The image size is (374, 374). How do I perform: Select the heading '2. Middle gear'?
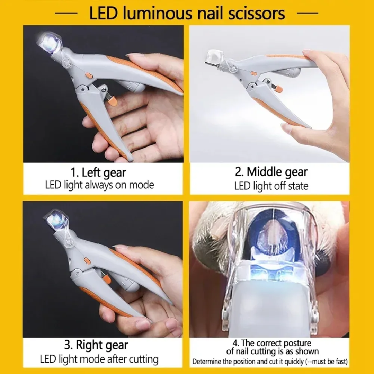pyautogui.click(x=271, y=172)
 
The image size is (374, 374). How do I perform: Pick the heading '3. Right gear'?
pyautogui.click(x=96, y=345)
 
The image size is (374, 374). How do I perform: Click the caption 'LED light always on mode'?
pyautogui.click(x=99, y=185)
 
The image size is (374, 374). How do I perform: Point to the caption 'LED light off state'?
pyautogui.click(x=271, y=186)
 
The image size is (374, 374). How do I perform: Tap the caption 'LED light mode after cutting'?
pyautogui.click(x=99, y=359)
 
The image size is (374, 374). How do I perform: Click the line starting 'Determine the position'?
pyautogui.click(x=270, y=362)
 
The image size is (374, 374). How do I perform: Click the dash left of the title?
pyautogui.click(x=66, y=13)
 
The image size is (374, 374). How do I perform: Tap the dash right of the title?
pyautogui.click(x=308, y=13)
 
